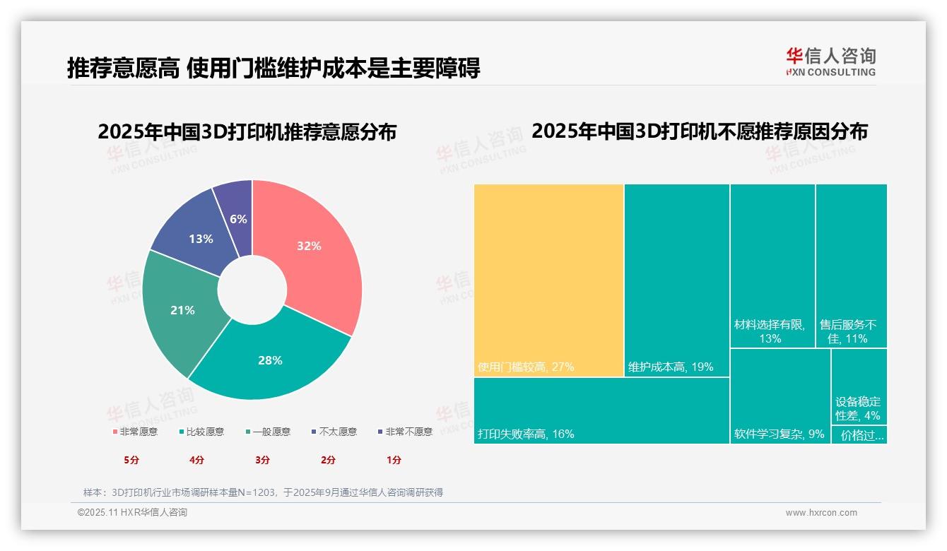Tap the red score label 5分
(x=131, y=460)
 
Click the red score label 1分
(x=394, y=460)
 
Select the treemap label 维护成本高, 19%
(x=671, y=367)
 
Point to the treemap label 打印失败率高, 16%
(x=526, y=434)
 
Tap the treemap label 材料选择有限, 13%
(x=770, y=331)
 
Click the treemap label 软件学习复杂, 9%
(x=780, y=434)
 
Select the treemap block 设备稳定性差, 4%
(x=858, y=408)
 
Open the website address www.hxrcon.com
(x=821, y=513)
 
